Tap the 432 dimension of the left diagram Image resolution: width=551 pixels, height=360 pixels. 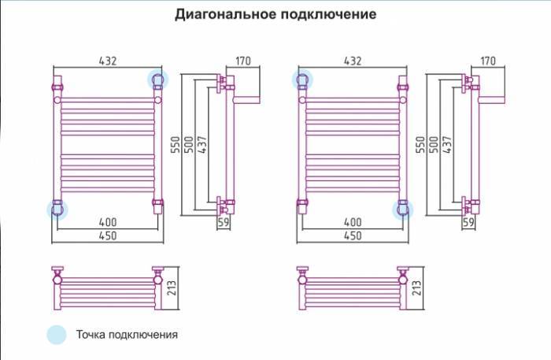(109, 60)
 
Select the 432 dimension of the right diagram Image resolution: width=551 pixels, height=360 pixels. (353, 60)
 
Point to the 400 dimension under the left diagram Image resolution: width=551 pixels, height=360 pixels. (107, 223)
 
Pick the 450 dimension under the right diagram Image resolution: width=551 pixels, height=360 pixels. (353, 236)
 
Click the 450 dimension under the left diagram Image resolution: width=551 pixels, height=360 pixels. (107, 236)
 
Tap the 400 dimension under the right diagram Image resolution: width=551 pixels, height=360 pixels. (353, 223)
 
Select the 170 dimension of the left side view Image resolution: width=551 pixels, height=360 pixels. (243, 60)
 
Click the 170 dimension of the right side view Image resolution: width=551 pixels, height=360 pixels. (487, 60)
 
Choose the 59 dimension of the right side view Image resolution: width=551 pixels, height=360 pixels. (470, 224)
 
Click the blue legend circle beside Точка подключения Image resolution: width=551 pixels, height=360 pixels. (57, 334)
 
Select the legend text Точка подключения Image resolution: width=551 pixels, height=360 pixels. (127, 334)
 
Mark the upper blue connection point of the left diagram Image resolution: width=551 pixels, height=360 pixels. (158, 79)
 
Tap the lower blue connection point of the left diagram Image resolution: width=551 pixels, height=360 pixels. (57, 209)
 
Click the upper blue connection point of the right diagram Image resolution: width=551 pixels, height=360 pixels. (302, 79)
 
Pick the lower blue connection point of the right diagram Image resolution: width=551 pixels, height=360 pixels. (404, 209)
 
